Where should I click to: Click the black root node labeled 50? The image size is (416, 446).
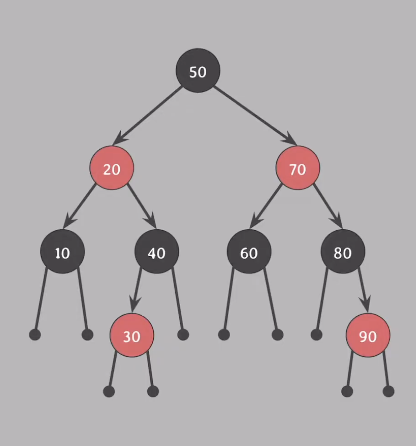198,71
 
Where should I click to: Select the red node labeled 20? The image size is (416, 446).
111,168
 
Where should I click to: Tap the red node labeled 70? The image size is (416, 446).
298,168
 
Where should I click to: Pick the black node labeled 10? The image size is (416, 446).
62,252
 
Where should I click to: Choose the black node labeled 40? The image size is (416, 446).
157,252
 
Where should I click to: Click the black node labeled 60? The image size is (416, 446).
249,252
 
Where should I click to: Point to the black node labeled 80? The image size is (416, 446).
343,252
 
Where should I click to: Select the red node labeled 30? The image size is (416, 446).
132,335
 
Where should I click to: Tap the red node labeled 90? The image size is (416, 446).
368,335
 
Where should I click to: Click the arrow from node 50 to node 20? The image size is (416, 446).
148,115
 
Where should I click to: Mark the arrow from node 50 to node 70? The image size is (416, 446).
254,115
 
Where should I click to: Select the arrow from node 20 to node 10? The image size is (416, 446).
79,206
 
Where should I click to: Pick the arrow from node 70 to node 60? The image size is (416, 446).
266,206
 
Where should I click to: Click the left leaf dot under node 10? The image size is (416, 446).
35,334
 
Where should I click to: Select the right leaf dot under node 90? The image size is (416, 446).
388,391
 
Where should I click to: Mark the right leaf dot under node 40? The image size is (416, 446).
183,334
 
